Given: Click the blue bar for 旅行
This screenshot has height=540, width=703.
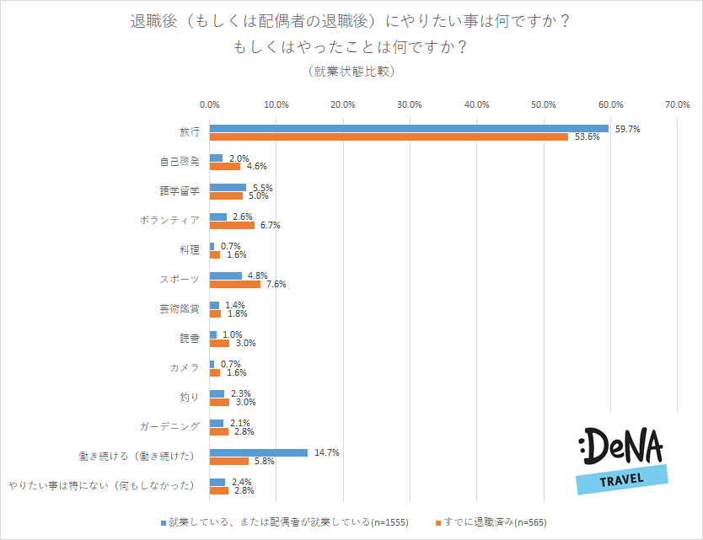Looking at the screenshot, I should click(409, 128).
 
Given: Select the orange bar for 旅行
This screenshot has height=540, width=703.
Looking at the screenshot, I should click(389, 136).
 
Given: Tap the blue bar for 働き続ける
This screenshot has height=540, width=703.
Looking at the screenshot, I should click(259, 452).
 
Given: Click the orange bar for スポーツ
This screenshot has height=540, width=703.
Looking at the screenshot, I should click(235, 284).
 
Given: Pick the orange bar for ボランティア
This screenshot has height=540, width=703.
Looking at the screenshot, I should click(232, 225).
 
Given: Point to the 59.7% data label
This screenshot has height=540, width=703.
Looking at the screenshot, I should click(627, 129).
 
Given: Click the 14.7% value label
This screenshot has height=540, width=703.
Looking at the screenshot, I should click(326, 452).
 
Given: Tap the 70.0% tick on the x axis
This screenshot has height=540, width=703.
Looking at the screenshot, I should click(677, 104).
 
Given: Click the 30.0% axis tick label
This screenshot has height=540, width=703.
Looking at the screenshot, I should click(410, 104).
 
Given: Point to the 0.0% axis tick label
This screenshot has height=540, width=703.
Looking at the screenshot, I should click(210, 104).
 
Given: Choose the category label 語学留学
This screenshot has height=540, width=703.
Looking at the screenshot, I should click(180, 190).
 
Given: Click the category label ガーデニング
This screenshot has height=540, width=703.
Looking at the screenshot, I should click(169, 426).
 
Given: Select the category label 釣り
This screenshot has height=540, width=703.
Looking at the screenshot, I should click(190, 397).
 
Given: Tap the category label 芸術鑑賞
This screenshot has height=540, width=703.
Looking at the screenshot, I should click(180, 308).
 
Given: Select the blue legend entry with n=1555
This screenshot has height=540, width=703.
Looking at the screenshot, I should click(287, 521).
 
